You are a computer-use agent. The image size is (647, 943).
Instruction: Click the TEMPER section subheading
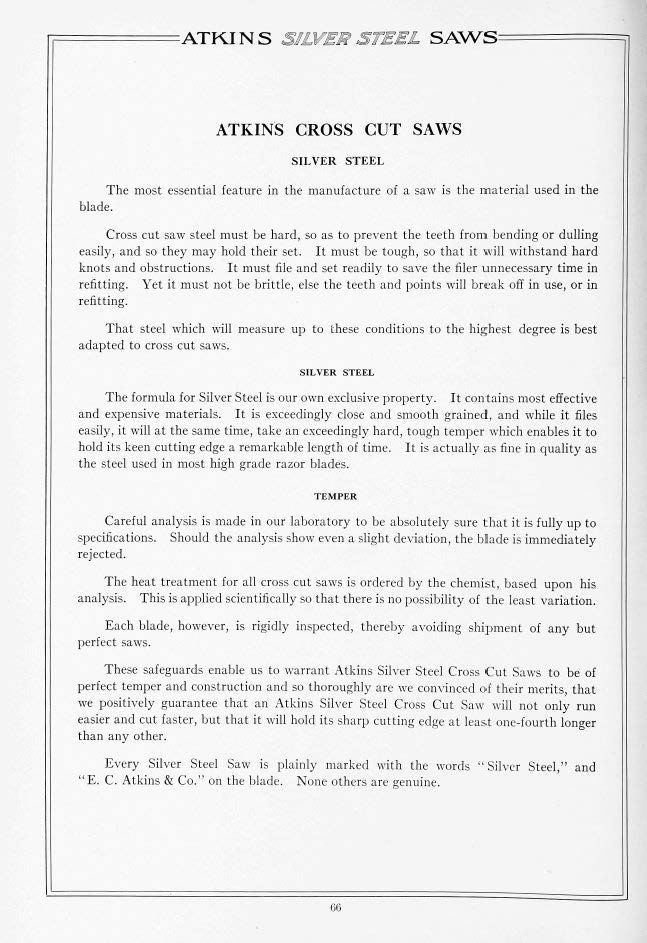[336, 494]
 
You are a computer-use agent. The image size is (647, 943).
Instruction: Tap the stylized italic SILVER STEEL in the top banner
[347, 39]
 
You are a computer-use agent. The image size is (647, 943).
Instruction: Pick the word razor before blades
[299, 464]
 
